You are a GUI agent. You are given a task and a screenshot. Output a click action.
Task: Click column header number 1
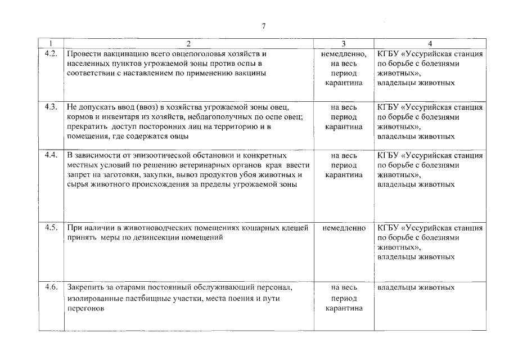pos(51,43)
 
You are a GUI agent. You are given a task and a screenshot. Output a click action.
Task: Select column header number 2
pos(188,43)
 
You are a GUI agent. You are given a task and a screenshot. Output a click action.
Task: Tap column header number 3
pos(344,43)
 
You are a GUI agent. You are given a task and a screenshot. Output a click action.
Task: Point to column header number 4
pos(430,43)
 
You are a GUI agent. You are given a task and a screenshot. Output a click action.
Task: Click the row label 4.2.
pos(51,54)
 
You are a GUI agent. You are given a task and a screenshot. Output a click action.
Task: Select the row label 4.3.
pos(51,107)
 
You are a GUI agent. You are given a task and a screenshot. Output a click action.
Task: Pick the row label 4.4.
pos(51,155)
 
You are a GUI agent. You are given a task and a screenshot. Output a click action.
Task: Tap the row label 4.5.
pos(51,228)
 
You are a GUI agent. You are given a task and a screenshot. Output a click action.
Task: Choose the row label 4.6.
pos(51,287)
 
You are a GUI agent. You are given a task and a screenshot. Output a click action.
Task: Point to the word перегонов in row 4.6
pos(85,309)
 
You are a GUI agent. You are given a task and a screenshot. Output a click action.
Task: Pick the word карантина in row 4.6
pos(344,309)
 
